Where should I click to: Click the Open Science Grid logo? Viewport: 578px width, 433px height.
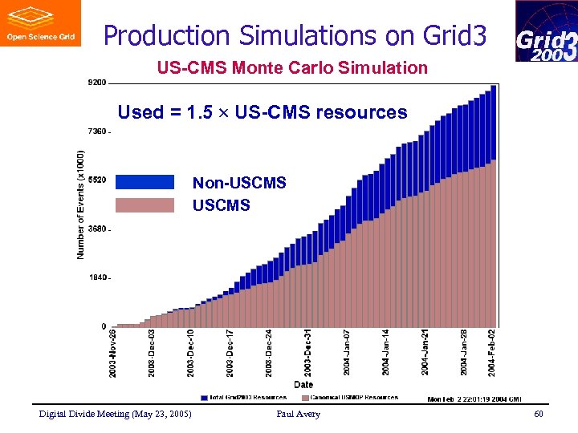(x=40, y=23)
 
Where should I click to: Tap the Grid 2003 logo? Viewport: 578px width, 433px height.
(x=546, y=31)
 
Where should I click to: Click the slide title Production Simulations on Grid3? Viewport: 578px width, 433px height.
(x=295, y=35)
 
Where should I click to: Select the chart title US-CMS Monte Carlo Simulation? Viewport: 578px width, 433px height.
(x=292, y=67)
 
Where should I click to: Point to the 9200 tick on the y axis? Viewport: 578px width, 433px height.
(x=96, y=82)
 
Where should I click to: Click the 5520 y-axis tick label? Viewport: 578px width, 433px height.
(x=96, y=180)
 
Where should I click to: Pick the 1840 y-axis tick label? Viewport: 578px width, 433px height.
(x=96, y=277)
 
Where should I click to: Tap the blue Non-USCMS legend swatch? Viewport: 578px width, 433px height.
(x=144, y=182)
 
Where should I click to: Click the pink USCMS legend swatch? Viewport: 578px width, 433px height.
(x=144, y=205)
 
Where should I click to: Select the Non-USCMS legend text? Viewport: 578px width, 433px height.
(x=239, y=183)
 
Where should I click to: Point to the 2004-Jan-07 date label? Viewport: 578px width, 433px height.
(x=347, y=352)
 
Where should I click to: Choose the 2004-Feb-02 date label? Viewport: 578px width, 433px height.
(x=492, y=352)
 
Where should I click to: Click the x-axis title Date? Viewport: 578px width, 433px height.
(x=303, y=385)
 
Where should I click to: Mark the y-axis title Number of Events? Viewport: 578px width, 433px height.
(x=81, y=204)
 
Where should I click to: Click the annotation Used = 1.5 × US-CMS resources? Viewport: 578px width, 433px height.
(x=263, y=112)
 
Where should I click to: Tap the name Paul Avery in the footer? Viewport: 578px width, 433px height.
(x=298, y=414)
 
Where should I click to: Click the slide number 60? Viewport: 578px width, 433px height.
(x=539, y=414)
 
